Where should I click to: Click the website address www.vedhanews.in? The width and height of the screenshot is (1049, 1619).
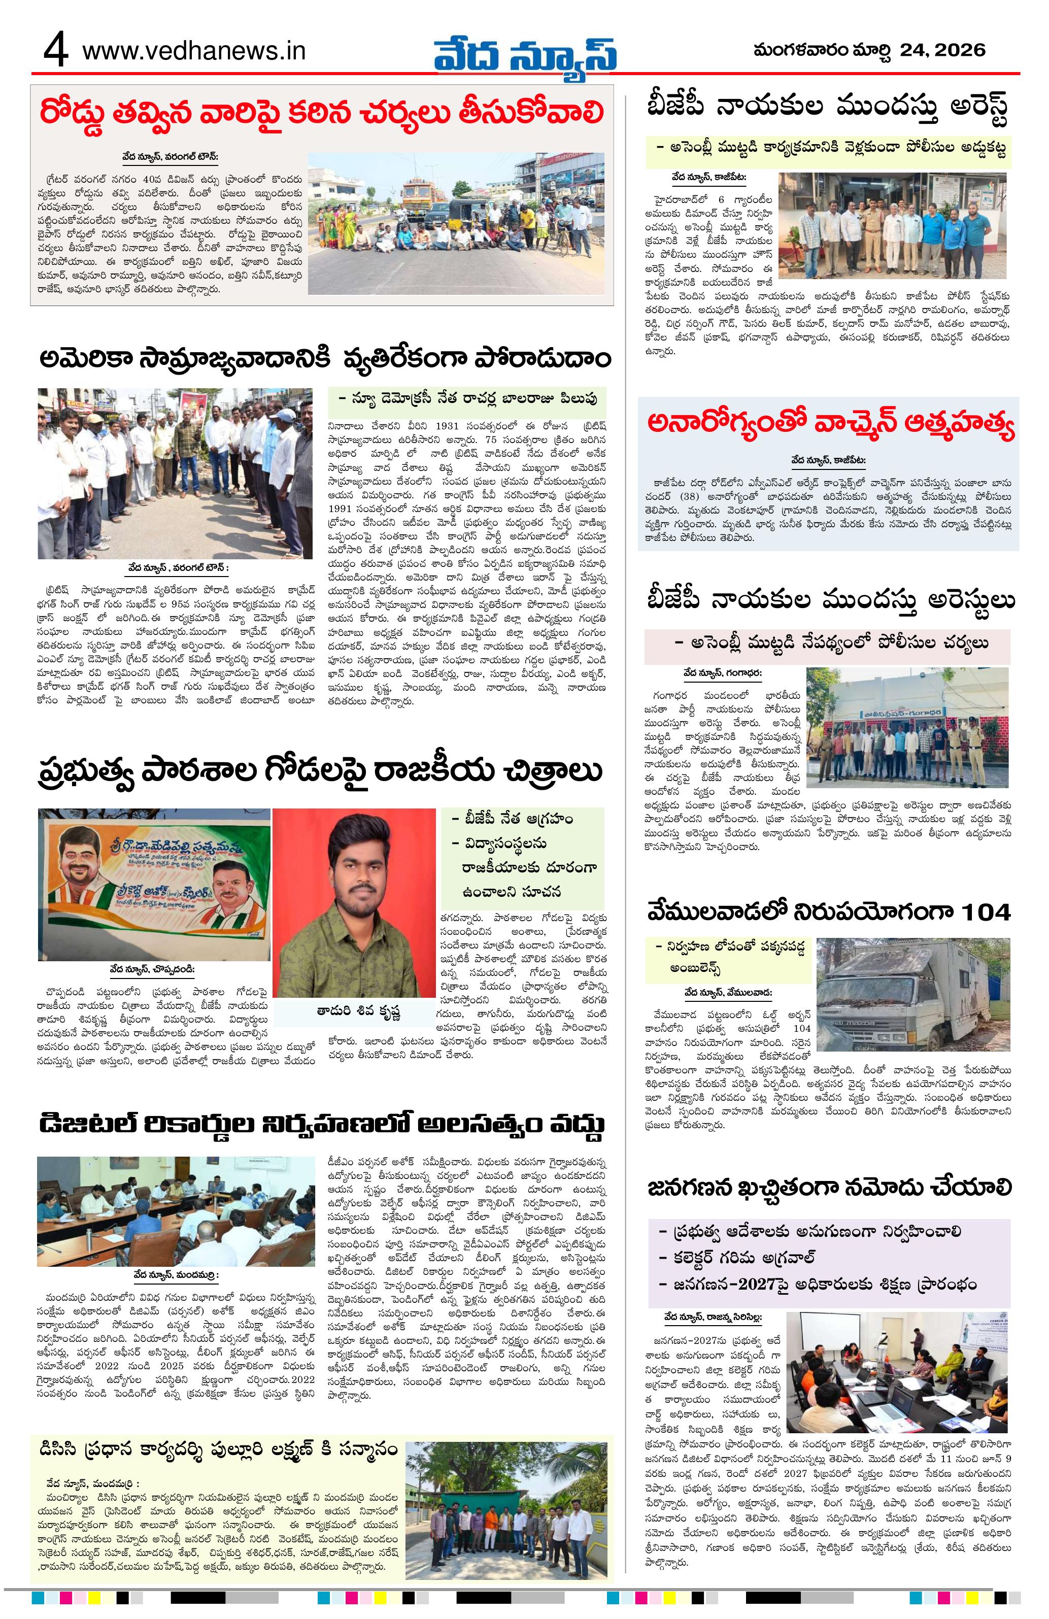[x=193, y=52]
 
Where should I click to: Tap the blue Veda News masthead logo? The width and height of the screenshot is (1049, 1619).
[x=527, y=52]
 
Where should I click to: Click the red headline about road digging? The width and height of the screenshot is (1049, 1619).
[x=322, y=112]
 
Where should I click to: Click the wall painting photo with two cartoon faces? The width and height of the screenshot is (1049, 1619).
[x=153, y=884]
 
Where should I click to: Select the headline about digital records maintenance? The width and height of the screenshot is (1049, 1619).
[x=321, y=1124]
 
